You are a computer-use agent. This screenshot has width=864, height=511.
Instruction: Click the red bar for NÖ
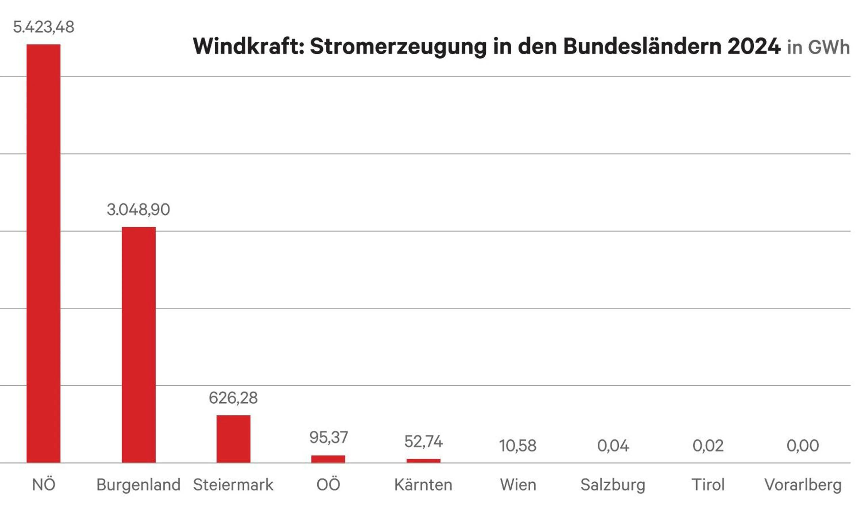[44, 253]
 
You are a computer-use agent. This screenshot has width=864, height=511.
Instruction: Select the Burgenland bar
[139, 344]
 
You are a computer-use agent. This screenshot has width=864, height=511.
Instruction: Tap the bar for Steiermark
[234, 439]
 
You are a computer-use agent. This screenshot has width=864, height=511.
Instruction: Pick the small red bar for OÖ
[328, 459]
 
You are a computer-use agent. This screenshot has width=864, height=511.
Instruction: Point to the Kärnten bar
[424, 461]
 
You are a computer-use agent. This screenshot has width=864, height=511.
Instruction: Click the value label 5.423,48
[44, 27]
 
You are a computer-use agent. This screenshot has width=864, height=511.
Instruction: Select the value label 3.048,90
[138, 209]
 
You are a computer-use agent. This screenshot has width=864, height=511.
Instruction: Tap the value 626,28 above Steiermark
[233, 398]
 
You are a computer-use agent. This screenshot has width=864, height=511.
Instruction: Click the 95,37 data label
[328, 437]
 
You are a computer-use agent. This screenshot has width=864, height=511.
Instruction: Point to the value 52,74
[424, 441]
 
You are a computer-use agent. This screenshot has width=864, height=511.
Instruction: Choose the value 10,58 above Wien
[518, 446]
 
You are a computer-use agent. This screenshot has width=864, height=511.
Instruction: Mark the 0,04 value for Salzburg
[613, 446]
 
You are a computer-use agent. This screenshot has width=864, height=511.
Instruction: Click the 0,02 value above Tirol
[708, 446]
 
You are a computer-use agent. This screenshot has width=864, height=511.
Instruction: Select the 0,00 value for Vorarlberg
[803, 446]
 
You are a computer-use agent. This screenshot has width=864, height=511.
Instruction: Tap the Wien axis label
[518, 485]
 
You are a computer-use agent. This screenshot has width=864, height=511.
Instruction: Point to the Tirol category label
[708, 485]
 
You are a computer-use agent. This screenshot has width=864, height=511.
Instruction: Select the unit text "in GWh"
[818, 47]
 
